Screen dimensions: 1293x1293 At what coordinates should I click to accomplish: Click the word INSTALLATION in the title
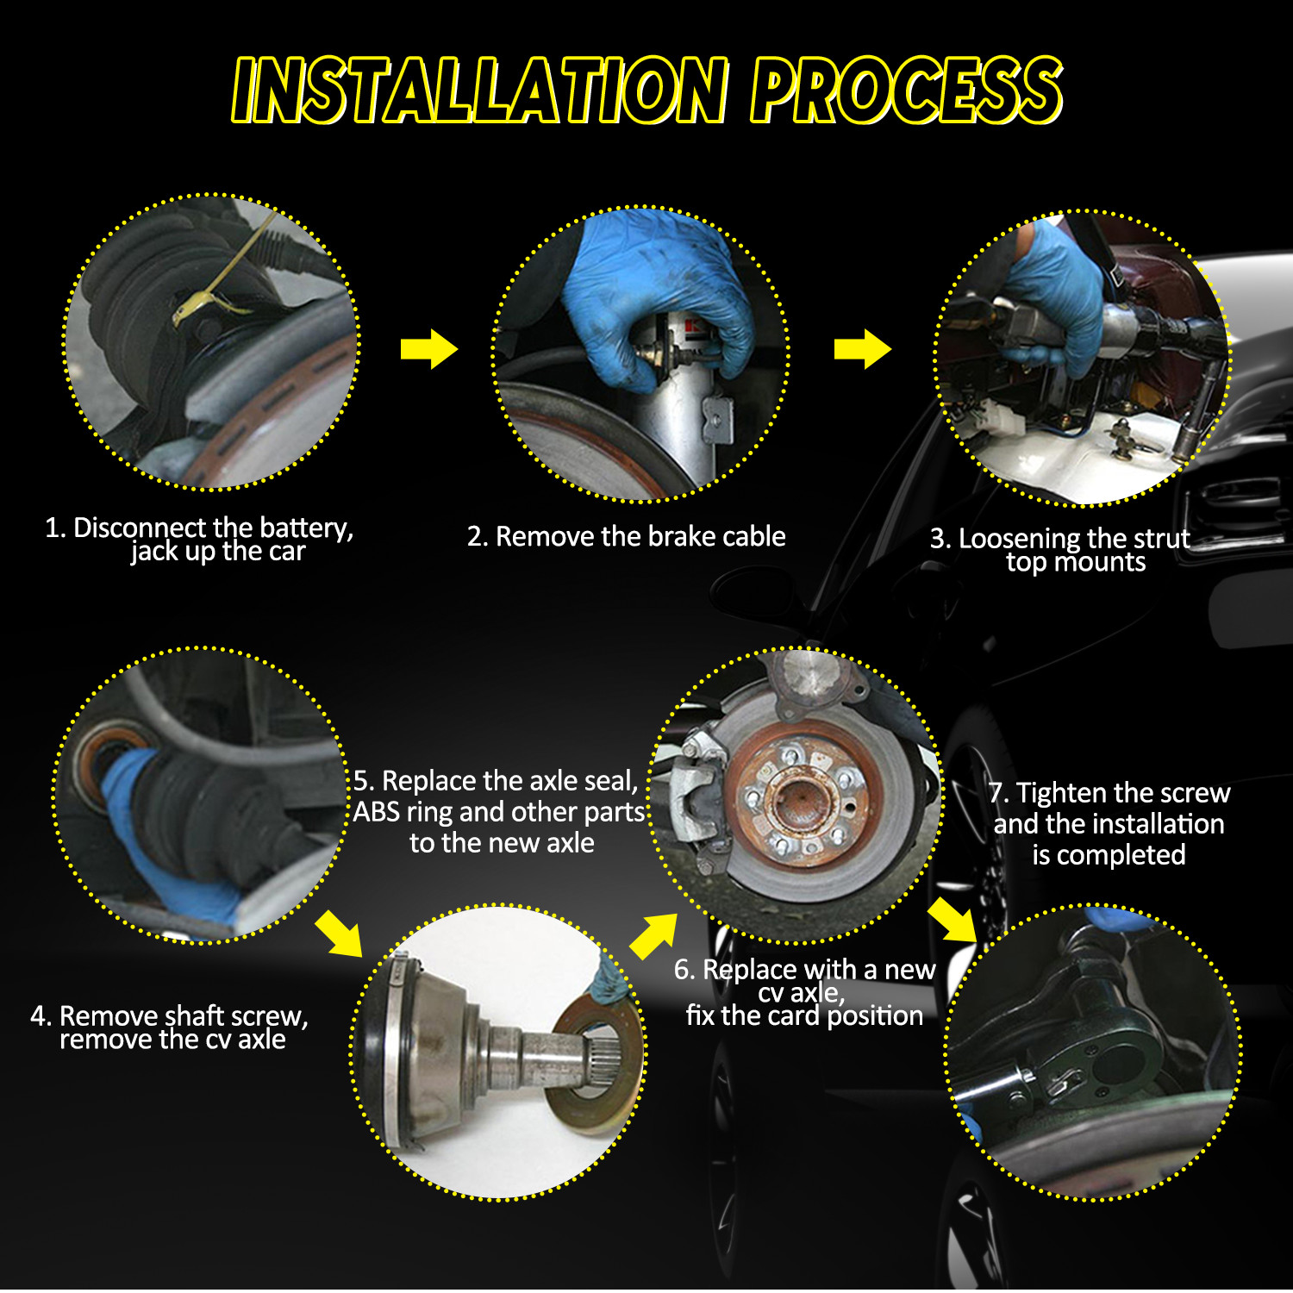[480, 90]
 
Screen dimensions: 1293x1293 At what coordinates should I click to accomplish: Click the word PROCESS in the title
[907, 90]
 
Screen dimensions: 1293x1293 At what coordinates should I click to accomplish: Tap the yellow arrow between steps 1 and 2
[428, 349]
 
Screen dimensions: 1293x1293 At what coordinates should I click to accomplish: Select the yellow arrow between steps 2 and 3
[862, 349]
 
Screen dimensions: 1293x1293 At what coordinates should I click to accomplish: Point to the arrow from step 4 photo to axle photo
[340, 932]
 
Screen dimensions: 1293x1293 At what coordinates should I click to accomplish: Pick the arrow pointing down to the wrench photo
[953, 921]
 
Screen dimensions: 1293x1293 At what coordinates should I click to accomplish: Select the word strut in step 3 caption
[1159, 539]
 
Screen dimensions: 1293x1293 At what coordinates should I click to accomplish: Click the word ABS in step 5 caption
[377, 812]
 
